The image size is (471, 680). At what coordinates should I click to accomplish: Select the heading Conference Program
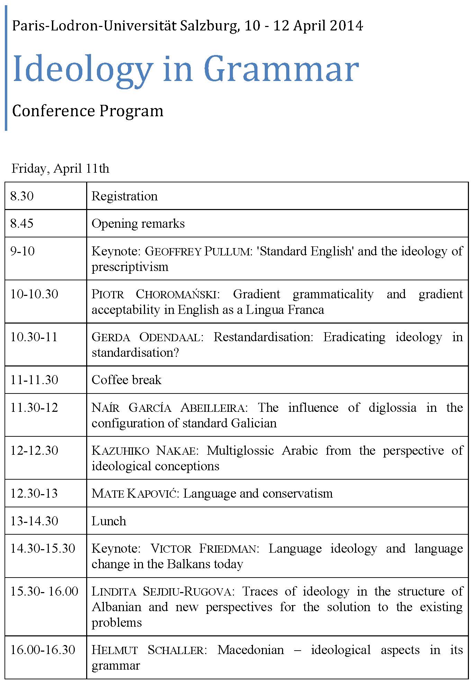(x=88, y=111)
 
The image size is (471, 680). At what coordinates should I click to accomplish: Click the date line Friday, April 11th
(x=60, y=169)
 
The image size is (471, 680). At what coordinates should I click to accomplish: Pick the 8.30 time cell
(x=22, y=196)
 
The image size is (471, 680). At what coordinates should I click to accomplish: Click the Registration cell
(x=124, y=196)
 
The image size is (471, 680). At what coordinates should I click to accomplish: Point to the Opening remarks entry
(x=138, y=224)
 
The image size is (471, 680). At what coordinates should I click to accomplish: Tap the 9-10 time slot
(x=22, y=251)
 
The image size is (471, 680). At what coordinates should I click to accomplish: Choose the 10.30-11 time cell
(x=34, y=337)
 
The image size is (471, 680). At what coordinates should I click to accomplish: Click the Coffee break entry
(x=126, y=380)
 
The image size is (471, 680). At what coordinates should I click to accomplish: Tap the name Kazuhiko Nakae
(x=145, y=451)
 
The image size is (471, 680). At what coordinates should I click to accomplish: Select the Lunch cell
(x=109, y=521)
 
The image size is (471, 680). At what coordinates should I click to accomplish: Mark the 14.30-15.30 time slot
(x=43, y=548)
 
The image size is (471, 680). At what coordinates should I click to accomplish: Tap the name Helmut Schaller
(x=148, y=650)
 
